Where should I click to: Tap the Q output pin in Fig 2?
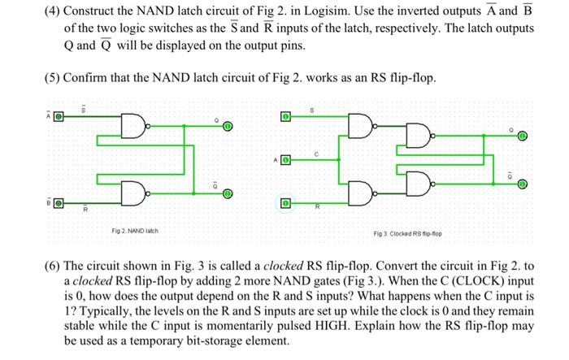click(228, 127)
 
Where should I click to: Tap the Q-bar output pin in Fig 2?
click(228, 194)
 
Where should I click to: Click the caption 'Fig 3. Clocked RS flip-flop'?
click(406, 235)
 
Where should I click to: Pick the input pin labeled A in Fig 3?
click(285, 159)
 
